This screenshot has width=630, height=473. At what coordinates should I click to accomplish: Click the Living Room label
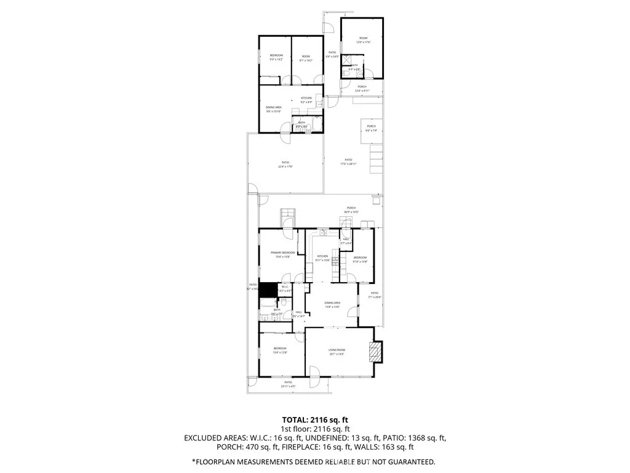tap(336, 352)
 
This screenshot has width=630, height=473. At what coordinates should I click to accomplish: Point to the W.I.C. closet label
tap(284, 288)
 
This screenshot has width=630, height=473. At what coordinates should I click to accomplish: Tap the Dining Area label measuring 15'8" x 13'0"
tap(332, 304)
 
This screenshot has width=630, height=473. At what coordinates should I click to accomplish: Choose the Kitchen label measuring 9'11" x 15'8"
tap(323, 258)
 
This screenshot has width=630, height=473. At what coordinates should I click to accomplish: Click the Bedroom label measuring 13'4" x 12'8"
tap(280, 350)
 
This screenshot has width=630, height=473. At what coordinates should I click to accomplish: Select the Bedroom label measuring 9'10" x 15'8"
tap(360, 259)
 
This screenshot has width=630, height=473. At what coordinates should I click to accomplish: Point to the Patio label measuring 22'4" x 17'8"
tap(284, 164)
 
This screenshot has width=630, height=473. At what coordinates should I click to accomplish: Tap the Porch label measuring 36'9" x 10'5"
tap(351, 209)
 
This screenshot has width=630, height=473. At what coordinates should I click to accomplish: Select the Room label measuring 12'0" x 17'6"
tap(362, 41)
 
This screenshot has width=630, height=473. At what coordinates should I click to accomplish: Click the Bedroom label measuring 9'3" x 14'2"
tap(276, 57)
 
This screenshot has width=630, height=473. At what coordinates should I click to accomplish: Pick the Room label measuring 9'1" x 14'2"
tap(306, 58)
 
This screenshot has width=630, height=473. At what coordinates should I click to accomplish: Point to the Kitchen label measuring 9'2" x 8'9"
tap(306, 100)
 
